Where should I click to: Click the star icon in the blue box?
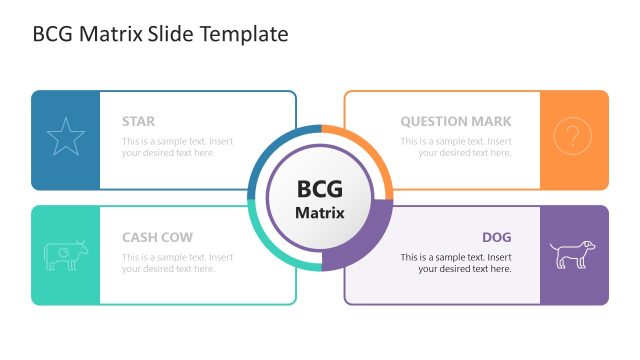[66, 138]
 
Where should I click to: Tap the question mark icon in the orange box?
[572, 137]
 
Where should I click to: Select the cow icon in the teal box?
[66, 255]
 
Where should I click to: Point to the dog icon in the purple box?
[572, 254]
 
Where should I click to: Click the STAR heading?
[138, 122]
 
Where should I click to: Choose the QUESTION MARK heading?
[456, 122]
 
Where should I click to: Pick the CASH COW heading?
[157, 238]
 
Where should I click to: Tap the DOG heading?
[496, 238]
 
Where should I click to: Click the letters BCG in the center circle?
[320, 189]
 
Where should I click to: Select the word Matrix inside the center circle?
[320, 213]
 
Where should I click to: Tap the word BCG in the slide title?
[52, 34]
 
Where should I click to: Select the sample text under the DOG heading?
[456, 263]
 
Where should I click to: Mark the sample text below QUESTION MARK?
[456, 147]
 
